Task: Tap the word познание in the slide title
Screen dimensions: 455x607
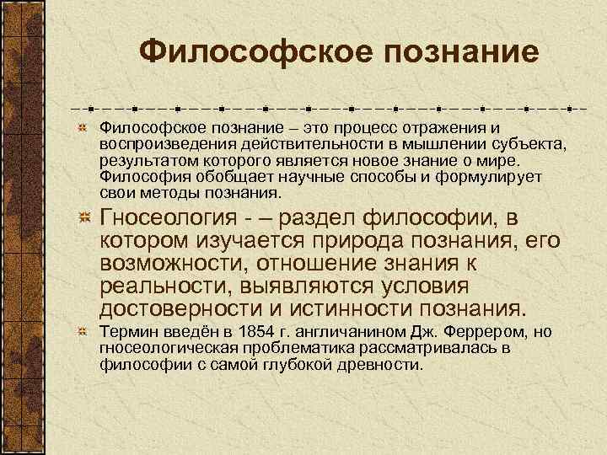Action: pos(459,53)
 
